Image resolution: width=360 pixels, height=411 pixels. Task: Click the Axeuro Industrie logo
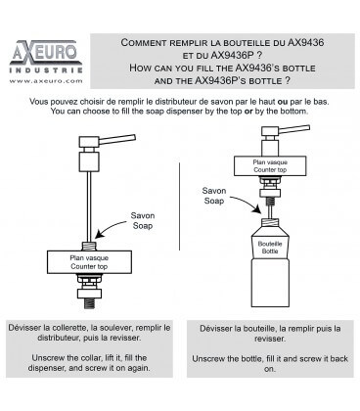click(x=46, y=57)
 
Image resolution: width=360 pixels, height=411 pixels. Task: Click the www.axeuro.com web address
click(x=46, y=81)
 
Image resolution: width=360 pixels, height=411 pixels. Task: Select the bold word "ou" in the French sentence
click(x=283, y=102)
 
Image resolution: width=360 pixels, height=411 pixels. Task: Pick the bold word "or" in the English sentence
click(x=248, y=112)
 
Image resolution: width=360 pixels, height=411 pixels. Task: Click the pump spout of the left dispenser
click(x=117, y=139)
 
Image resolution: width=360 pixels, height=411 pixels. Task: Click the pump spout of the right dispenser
click(x=294, y=129)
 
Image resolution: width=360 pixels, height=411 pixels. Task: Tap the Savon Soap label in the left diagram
click(x=143, y=220)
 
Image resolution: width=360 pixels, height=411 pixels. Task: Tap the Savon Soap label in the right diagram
click(x=214, y=196)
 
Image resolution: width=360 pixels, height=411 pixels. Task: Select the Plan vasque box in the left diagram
click(x=89, y=262)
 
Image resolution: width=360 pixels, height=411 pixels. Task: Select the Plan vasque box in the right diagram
click(x=270, y=166)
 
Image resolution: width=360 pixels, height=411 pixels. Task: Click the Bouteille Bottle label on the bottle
click(x=270, y=248)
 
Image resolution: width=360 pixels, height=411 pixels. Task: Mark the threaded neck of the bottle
click(x=270, y=223)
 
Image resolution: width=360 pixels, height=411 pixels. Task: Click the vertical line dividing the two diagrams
click(x=179, y=206)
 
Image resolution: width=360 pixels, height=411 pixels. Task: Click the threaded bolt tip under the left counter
click(x=89, y=303)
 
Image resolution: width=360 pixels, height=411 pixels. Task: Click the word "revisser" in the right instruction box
click(x=270, y=339)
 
